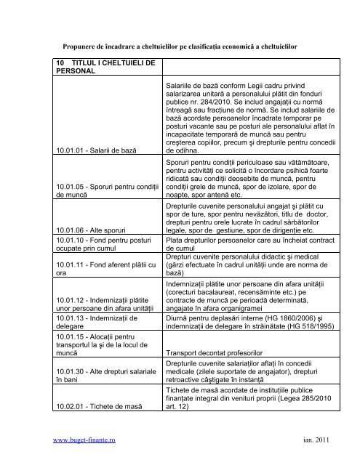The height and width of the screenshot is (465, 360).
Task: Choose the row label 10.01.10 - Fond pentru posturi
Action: click(101, 244)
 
